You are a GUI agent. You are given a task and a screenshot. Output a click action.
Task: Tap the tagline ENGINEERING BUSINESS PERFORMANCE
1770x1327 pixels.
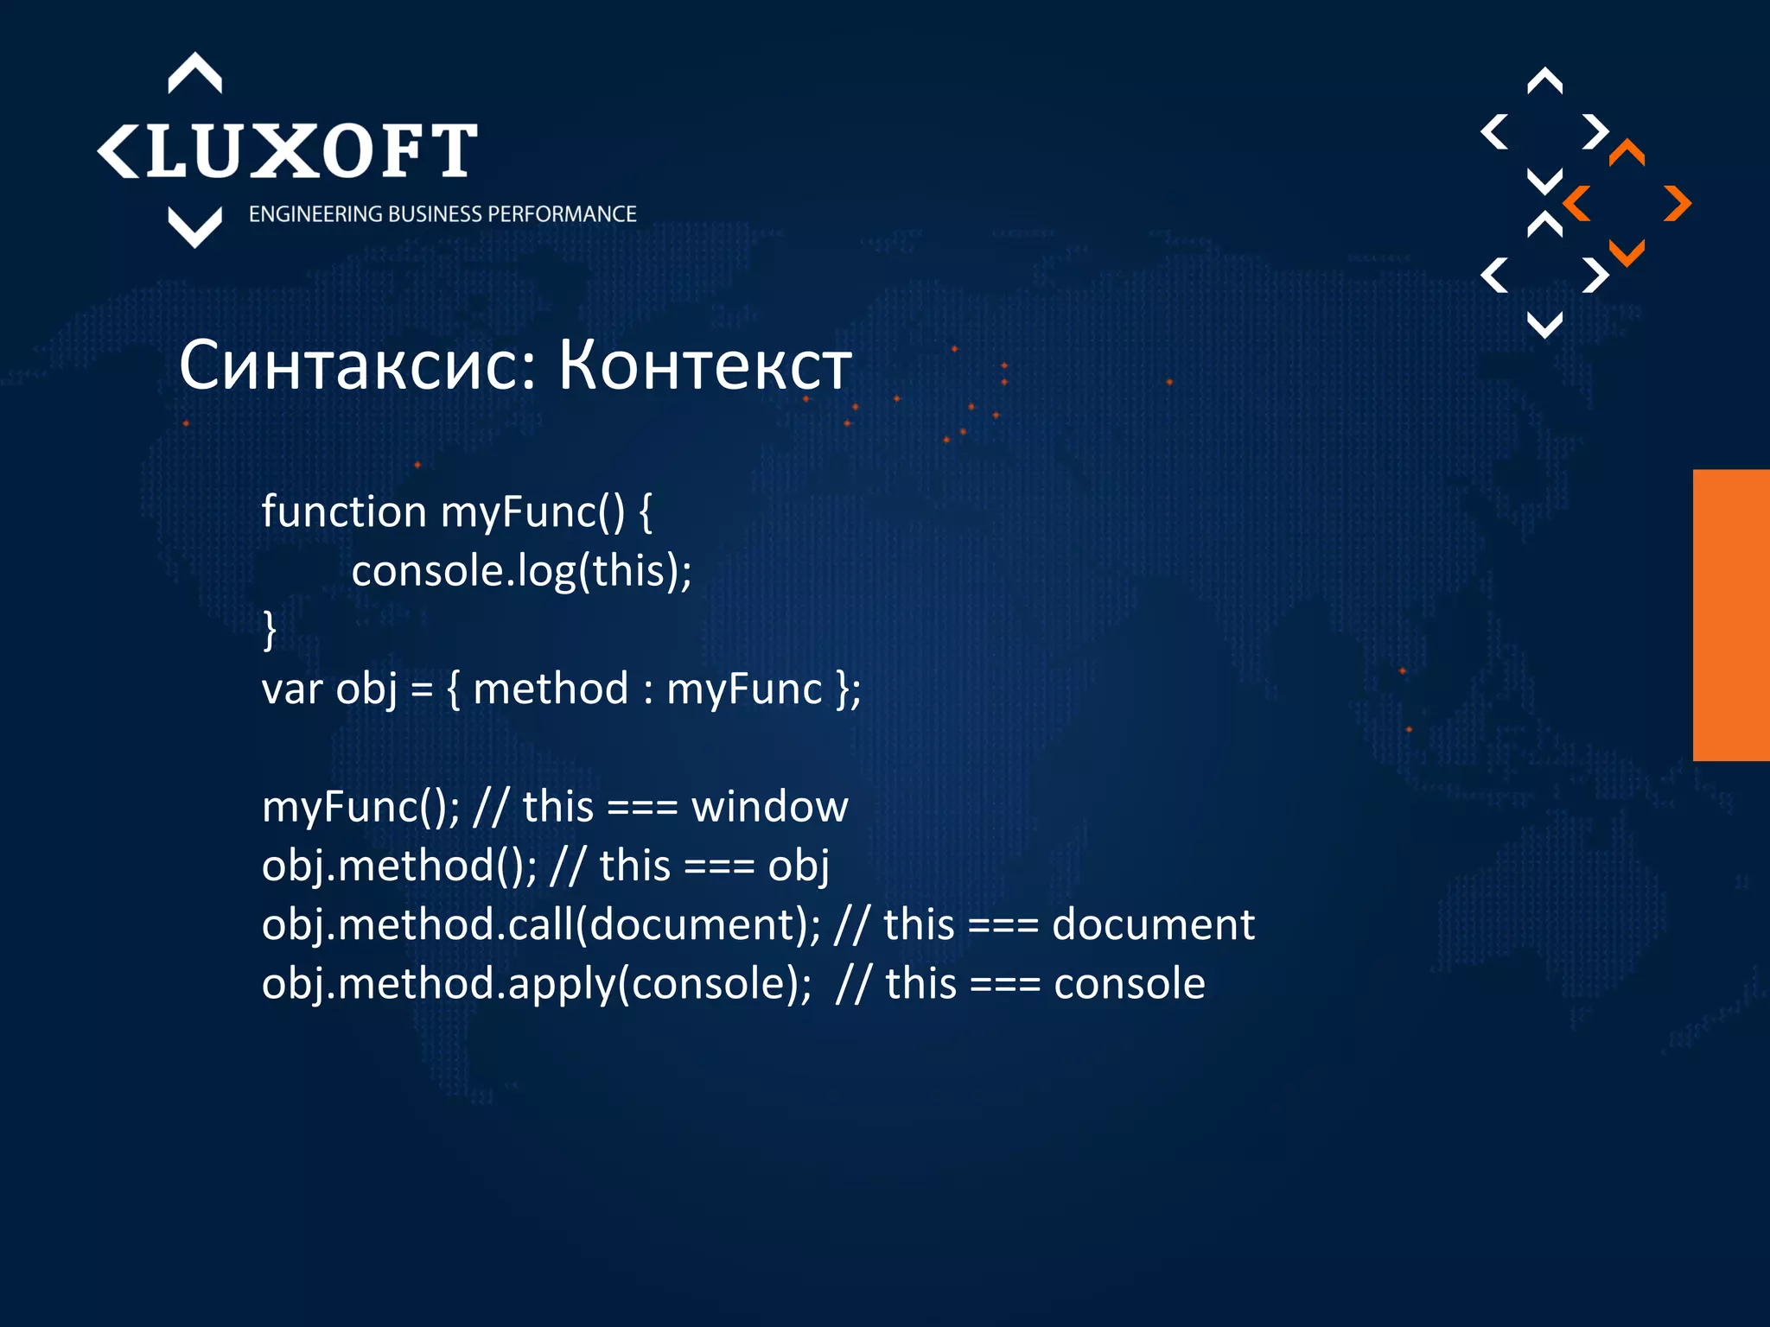point(442,214)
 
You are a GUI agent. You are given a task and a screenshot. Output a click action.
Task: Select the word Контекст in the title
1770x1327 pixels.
point(704,366)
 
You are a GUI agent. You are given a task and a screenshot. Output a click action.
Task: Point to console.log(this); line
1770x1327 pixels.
point(521,571)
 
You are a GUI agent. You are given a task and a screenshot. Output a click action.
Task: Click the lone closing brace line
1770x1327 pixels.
point(270,629)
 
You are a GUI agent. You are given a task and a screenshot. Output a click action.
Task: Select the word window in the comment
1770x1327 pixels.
point(769,808)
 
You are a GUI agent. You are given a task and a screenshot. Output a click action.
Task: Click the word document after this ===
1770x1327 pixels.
point(1152,925)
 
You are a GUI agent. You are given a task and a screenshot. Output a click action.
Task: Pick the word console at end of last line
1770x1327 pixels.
point(1129,984)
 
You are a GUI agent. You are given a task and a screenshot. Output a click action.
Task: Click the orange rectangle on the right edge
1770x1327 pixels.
point(1731,615)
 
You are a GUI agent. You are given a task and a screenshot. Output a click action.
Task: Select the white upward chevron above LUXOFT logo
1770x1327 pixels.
point(194,73)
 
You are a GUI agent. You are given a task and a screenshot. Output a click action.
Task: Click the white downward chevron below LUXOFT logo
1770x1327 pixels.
point(194,228)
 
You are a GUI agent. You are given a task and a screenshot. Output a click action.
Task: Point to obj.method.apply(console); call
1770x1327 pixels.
point(536,984)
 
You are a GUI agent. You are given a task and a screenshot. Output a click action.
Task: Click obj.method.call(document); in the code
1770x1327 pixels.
point(541,925)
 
